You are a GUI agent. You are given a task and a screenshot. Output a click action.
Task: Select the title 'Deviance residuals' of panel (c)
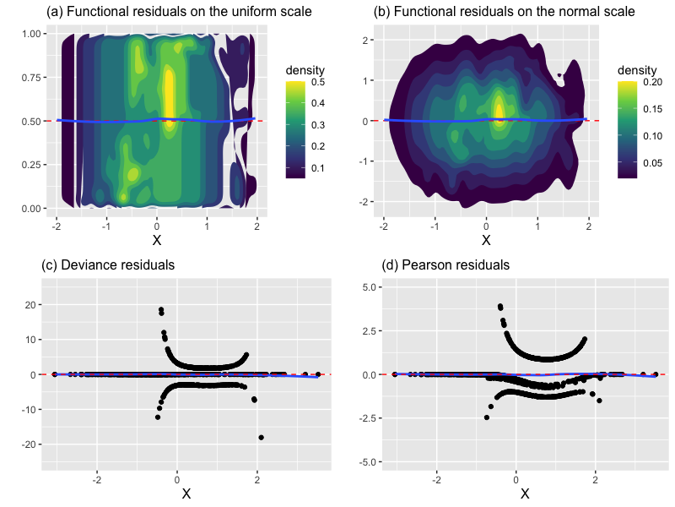[x=108, y=264]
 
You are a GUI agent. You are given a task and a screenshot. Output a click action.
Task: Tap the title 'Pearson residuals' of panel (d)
[x=445, y=264]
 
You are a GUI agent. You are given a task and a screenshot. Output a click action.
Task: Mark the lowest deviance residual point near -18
[x=262, y=437]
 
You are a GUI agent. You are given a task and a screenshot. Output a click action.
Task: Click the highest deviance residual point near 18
[x=160, y=310]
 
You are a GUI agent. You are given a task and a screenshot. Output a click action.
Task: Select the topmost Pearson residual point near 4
[x=499, y=306]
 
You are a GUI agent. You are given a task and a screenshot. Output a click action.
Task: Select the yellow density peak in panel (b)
[x=499, y=111]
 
